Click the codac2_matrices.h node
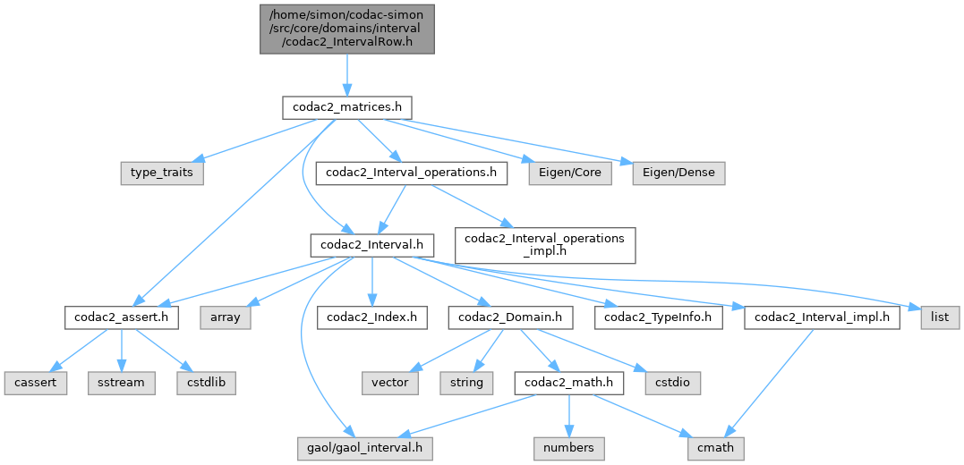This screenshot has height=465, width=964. pyautogui.click(x=346, y=107)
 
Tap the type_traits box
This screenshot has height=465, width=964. pyautogui.click(x=162, y=173)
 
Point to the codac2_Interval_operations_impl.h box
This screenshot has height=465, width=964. pyautogui.click(x=545, y=244)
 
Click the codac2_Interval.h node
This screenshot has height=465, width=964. pyautogui.click(x=372, y=244)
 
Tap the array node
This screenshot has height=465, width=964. pyautogui.click(x=226, y=317)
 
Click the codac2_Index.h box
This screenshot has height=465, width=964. pyautogui.click(x=371, y=317)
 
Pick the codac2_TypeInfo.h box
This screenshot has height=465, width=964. pyautogui.click(x=659, y=317)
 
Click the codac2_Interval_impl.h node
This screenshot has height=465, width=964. pyautogui.click(x=822, y=317)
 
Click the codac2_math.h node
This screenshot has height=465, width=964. pyautogui.click(x=569, y=382)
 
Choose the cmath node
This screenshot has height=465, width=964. pyautogui.click(x=715, y=444)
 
